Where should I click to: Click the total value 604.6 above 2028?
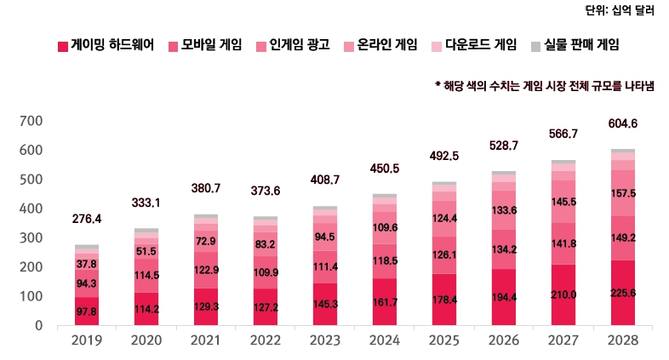(x=623, y=124)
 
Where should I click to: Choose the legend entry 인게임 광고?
(x=299, y=44)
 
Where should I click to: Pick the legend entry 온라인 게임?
(x=386, y=44)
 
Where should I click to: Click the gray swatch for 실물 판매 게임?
(x=535, y=45)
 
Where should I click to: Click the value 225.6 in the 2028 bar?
(x=623, y=294)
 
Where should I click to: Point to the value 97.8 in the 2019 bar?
(x=87, y=312)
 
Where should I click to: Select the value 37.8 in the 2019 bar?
(x=87, y=265)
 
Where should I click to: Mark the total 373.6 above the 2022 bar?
(x=266, y=191)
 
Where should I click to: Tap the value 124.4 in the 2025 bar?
(x=444, y=219)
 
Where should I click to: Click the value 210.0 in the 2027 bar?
(x=563, y=294)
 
